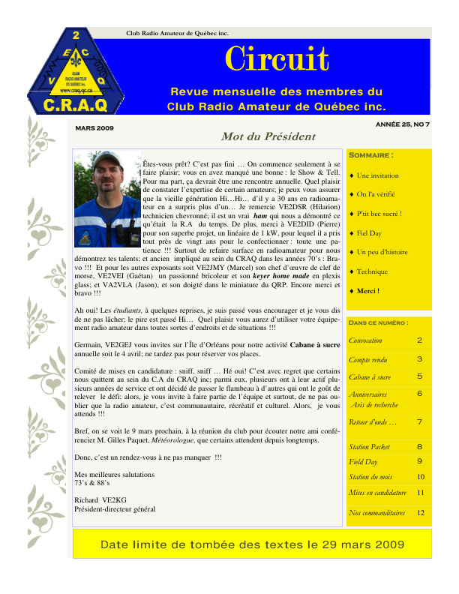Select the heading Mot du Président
click(257, 136)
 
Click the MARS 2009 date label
click(94, 128)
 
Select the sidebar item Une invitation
click(378, 175)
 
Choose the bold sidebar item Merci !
click(367, 290)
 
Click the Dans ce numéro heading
click(379, 322)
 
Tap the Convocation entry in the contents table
click(365, 340)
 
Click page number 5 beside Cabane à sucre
click(419, 376)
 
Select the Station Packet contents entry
click(369, 446)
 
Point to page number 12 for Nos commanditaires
click(421, 513)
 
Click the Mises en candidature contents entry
click(378, 493)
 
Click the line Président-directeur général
click(114, 509)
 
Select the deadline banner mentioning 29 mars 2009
click(252, 544)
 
